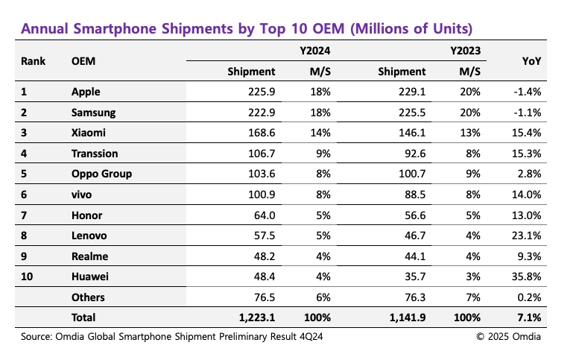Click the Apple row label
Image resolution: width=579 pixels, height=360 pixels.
[x=86, y=92]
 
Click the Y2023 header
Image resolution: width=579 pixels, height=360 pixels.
[x=466, y=51]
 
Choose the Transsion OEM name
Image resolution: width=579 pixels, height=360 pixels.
[x=95, y=154]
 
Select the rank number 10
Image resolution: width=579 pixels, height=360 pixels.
[x=28, y=277]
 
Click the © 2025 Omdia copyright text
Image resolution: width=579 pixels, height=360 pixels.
[x=510, y=337]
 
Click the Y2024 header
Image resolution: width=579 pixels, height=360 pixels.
[x=316, y=51]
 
